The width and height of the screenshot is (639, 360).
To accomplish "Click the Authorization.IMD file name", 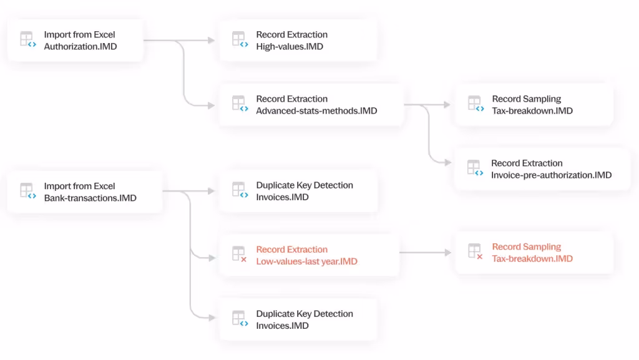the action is pos(80,46).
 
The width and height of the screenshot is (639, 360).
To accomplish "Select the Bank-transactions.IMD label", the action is pos(90,198).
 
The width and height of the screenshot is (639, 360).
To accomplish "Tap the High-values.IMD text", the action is pos(290,46).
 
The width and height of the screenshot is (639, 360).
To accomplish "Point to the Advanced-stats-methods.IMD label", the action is pos(316,110).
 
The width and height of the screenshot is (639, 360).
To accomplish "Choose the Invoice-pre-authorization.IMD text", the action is pos(551,175).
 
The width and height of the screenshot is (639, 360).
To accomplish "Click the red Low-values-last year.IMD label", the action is pos(306,261).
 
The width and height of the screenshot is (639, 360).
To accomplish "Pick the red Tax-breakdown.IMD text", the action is pos(532,258).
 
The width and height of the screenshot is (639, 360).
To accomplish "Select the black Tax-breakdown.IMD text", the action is pos(532,110).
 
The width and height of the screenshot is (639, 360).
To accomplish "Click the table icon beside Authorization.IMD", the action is pos(27,40).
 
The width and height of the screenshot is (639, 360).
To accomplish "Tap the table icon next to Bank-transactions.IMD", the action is pos(27,191).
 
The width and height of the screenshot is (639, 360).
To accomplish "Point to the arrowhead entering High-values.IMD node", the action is pos(211,41).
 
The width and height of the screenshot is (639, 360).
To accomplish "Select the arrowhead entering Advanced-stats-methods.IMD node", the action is pos(211,105).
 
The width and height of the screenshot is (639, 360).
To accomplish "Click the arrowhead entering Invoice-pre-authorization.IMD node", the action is pos(447,163).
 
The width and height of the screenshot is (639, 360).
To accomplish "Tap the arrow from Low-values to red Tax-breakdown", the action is pos(424,253).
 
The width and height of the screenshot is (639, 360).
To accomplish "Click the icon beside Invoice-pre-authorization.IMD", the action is pos(475,168).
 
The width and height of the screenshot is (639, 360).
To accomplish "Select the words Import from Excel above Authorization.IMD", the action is pos(79,34).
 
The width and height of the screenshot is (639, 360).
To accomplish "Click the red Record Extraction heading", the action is pos(291,250).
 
